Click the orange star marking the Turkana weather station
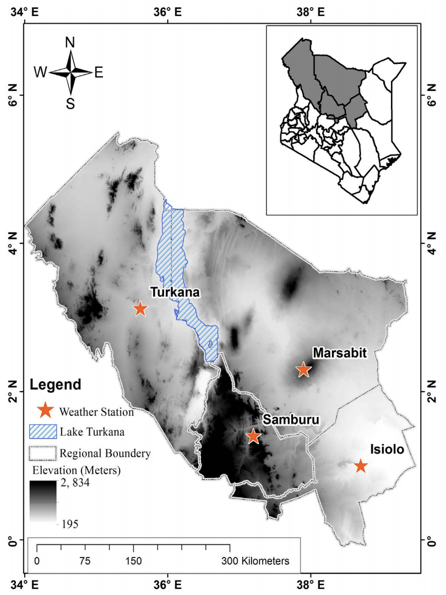point(140,309)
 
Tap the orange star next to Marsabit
point(303,370)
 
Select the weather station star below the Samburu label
point(253,436)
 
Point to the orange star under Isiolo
point(361,466)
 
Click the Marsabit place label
point(339,353)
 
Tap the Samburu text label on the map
point(291,420)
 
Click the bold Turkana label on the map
point(175,293)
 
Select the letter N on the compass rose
point(70,42)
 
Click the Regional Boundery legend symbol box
point(42,453)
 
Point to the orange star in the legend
point(45,410)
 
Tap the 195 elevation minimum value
point(69,524)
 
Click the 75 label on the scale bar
point(85,561)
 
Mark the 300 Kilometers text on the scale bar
point(254,561)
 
